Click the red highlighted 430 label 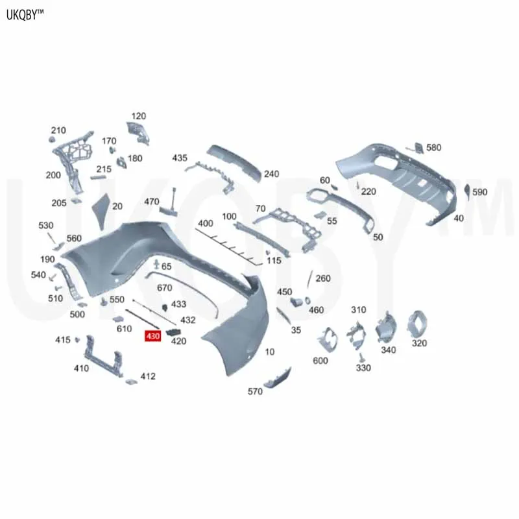pos(152,336)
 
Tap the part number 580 pos(433,148)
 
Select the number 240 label pos(271,174)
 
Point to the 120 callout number pos(139,116)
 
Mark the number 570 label pos(256,391)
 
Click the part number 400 pos(206,224)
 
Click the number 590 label pos(479,192)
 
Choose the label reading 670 pos(165,287)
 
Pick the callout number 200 pos(53,175)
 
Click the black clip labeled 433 pos(165,306)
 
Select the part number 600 pos(320,361)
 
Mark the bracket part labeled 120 pos(138,132)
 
